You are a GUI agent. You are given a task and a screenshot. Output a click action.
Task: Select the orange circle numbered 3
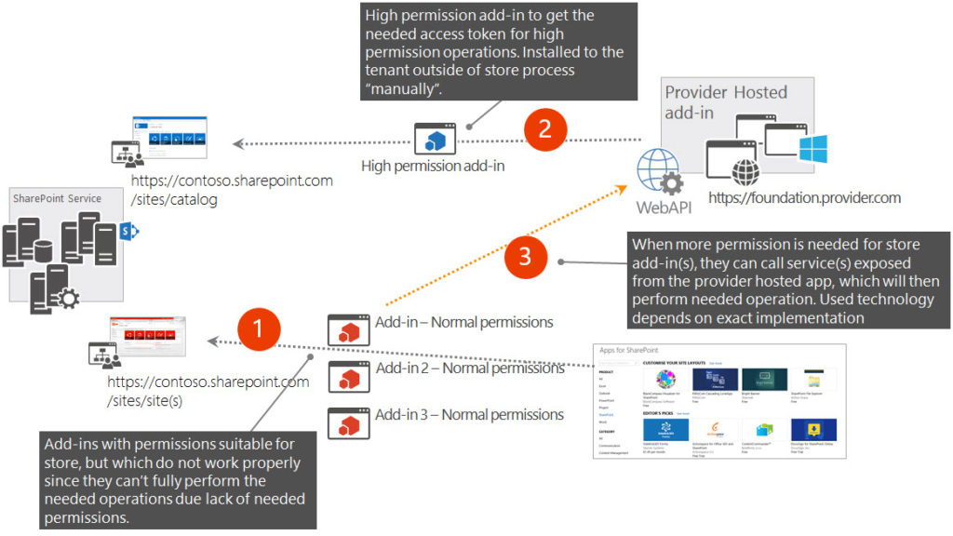click(x=526, y=258)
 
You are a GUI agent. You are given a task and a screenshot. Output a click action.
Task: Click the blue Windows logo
click(x=812, y=148)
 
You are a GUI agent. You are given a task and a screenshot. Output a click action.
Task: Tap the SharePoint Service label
click(x=57, y=198)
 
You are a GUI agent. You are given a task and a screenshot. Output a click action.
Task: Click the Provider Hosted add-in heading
click(x=725, y=101)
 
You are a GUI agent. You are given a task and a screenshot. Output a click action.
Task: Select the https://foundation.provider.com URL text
click(x=804, y=197)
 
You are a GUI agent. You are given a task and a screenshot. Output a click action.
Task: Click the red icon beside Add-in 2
click(x=349, y=378)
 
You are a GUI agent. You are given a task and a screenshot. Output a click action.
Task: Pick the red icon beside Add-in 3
click(x=349, y=424)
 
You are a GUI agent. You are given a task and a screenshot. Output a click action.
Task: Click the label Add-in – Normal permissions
click(x=464, y=322)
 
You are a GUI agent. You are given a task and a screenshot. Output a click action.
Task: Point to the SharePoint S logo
click(x=129, y=231)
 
